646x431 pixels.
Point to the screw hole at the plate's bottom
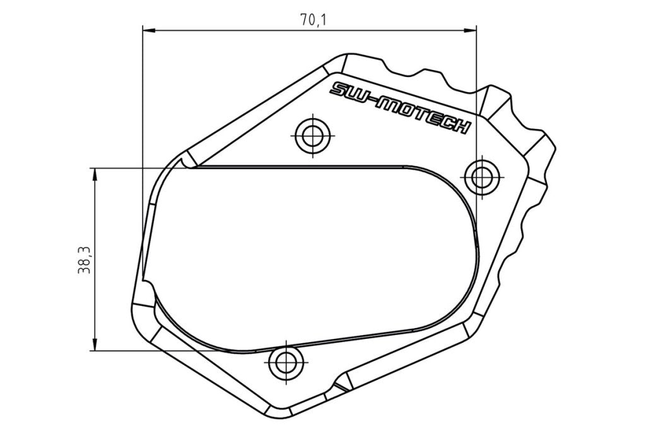[x=285, y=362]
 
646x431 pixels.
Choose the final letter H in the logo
[x=462, y=126]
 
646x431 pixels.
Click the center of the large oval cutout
[x=309, y=259]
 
